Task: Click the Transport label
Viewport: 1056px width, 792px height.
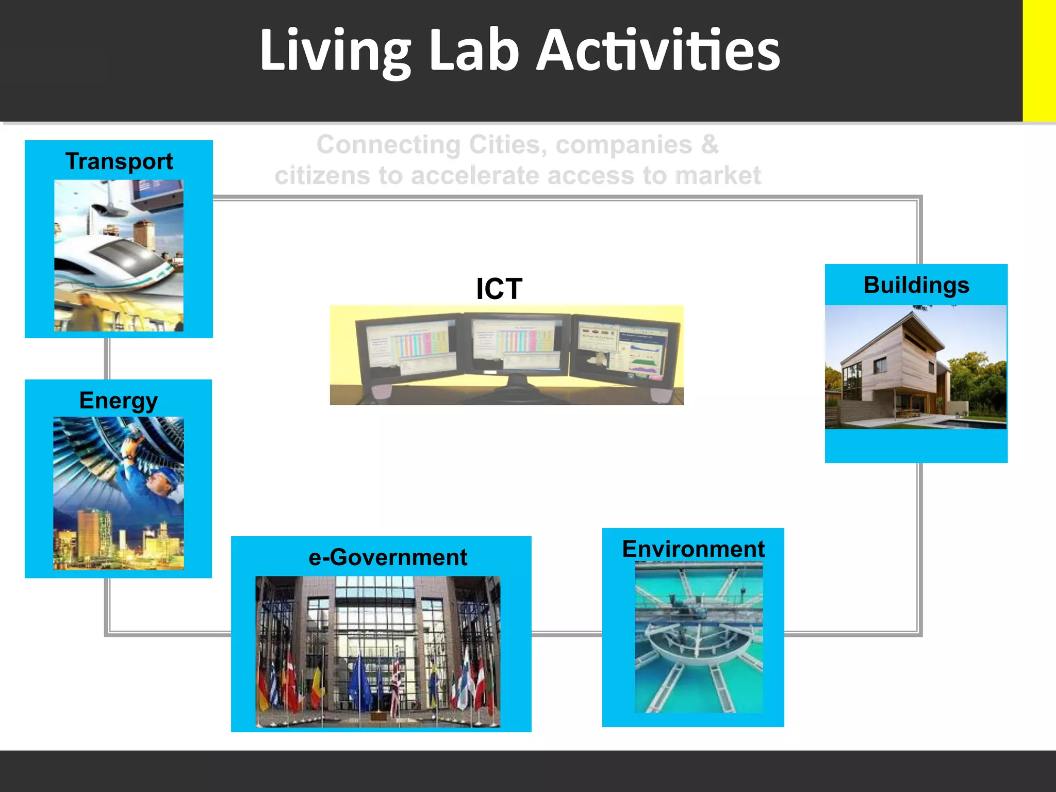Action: tap(119, 161)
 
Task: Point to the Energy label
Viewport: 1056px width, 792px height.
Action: tap(119, 401)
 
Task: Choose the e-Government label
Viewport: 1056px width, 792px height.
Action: tap(388, 557)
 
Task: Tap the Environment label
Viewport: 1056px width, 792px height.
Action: tap(694, 549)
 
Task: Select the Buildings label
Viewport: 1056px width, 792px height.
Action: tap(916, 285)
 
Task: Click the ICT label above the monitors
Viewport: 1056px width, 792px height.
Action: tap(499, 289)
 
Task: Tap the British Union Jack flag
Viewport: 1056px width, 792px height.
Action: tap(396, 681)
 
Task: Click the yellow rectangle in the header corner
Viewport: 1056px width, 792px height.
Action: tap(1039, 60)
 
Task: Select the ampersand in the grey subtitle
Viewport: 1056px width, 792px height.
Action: tap(709, 144)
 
